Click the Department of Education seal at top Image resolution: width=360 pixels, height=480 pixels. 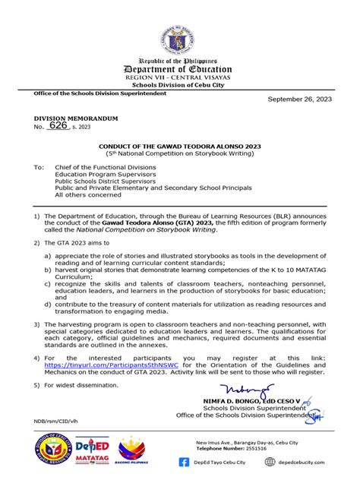180,29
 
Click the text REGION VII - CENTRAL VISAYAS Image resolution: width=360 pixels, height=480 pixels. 179,77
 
